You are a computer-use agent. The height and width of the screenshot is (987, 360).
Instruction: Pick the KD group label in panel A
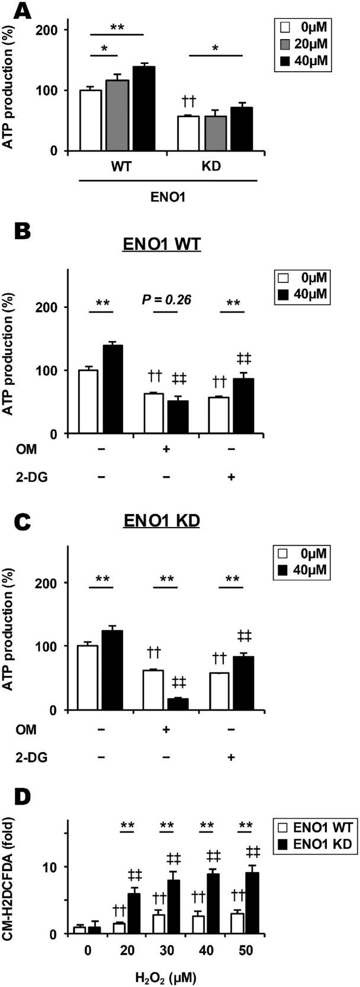point(211,166)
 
